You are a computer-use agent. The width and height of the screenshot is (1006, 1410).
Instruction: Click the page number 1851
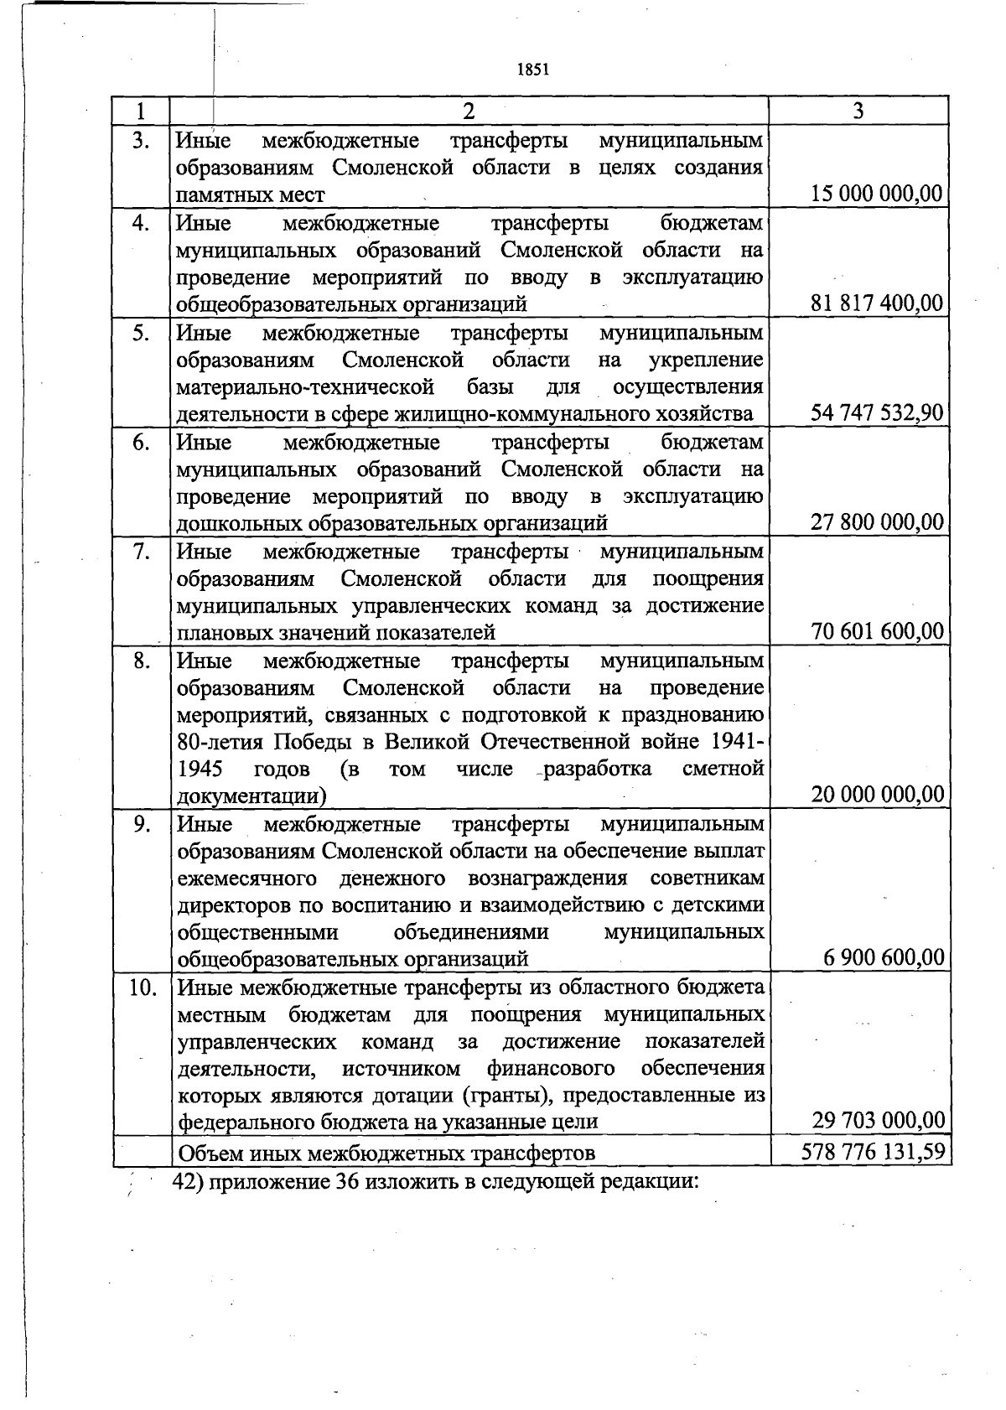tap(533, 70)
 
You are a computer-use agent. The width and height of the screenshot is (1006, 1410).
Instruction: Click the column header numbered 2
tap(469, 111)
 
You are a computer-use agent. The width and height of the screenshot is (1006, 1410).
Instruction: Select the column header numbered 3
tap(858, 111)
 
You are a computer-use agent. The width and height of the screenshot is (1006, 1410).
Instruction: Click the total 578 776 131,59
tap(874, 1152)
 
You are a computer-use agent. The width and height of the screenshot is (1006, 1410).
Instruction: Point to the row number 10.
tap(143, 988)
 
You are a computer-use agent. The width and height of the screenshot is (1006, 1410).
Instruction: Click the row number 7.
tap(142, 552)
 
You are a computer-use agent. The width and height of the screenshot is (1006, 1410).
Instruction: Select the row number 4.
tap(142, 224)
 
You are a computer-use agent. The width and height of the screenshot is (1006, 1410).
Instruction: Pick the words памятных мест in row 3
tap(250, 195)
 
